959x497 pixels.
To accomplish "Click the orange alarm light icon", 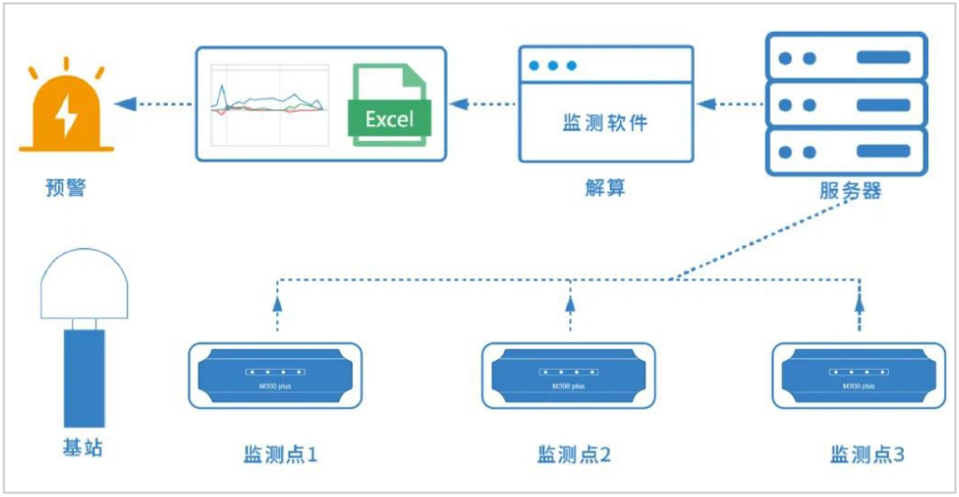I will [66, 111].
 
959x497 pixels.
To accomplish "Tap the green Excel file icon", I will [388, 105].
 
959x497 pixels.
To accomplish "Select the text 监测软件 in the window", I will [604, 123].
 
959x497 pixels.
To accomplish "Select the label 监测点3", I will [867, 455].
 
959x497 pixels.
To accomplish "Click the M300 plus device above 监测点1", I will [275, 375].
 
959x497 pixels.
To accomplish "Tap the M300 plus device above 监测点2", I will [568, 375].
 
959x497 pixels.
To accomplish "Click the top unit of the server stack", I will [847, 57].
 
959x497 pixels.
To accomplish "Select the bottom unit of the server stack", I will [847, 151].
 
